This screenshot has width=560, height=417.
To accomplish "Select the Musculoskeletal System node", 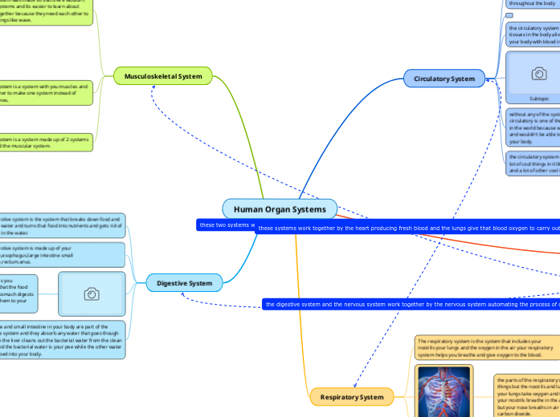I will (x=163, y=76).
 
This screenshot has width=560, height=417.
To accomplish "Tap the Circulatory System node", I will (x=444, y=79).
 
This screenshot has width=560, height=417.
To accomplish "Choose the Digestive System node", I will (x=184, y=283).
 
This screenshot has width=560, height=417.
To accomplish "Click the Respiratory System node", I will (x=352, y=397).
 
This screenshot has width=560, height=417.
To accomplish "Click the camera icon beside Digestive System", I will (x=92, y=294).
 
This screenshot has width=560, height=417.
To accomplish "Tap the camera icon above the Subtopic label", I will (x=539, y=74).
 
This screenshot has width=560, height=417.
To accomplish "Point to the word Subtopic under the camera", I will (x=539, y=99).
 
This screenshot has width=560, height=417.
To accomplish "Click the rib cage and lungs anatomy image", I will (x=444, y=391).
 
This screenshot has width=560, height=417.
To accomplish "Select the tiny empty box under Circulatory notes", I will (x=509, y=15).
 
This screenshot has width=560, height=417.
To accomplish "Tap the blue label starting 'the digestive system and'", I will (x=411, y=305).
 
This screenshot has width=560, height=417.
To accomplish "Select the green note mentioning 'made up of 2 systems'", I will (x=47, y=142).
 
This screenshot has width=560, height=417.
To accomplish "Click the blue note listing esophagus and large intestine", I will (x=62, y=254).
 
